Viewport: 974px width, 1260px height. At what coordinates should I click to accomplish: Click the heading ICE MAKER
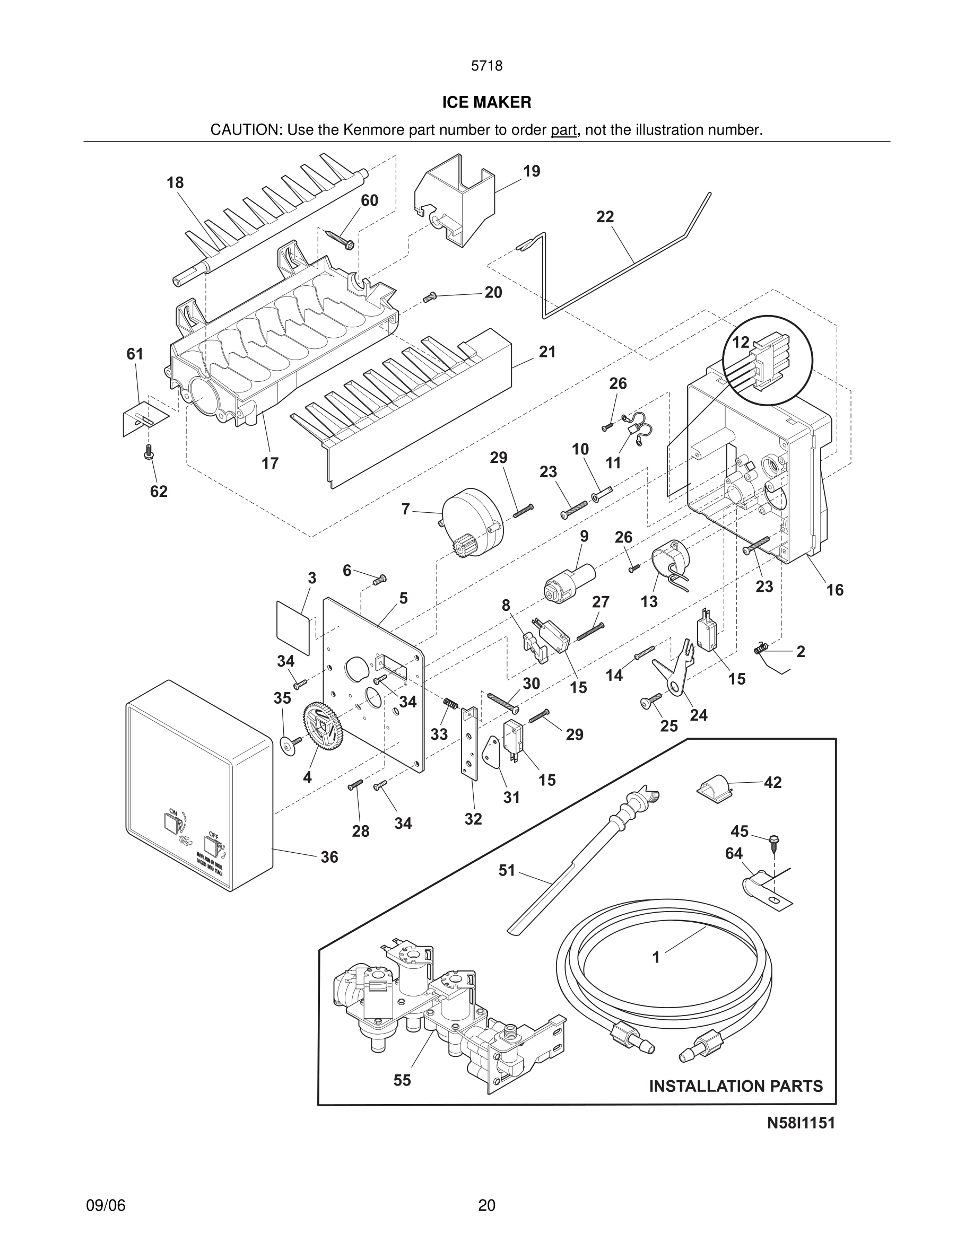click(x=486, y=103)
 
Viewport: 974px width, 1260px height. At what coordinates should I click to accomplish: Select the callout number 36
click(x=329, y=857)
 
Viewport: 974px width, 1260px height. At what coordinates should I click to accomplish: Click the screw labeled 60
click(x=341, y=239)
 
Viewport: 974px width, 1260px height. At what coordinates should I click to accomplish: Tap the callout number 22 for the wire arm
click(x=605, y=217)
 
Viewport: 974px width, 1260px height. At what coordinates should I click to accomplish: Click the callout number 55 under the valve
click(x=402, y=1080)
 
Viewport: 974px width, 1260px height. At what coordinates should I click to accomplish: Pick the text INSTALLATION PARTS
click(x=736, y=1087)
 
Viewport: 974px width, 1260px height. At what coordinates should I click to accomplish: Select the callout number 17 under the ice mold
click(x=270, y=463)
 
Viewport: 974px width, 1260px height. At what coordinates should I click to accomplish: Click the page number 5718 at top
click(x=486, y=66)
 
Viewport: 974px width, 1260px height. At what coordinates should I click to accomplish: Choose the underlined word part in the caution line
click(x=563, y=130)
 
